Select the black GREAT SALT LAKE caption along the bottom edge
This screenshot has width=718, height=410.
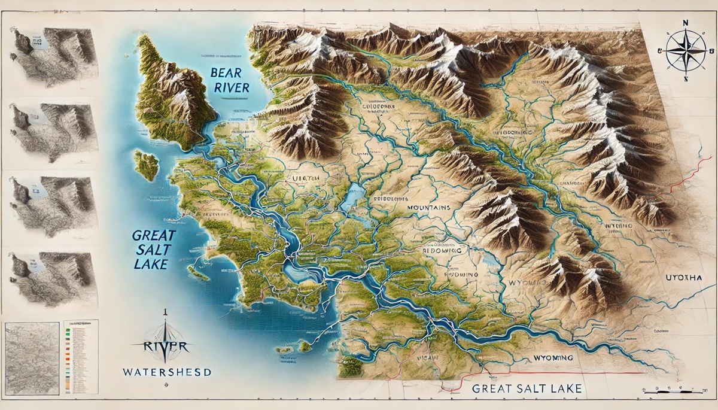pos(527,388)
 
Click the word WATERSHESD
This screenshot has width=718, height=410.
pos(166,372)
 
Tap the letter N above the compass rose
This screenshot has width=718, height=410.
pos(684,22)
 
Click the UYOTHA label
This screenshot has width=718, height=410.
pos(683,278)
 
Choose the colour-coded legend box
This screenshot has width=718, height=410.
pos(81,356)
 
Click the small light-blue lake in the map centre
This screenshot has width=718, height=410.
pos(354,198)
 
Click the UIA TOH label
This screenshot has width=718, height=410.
pos(305,178)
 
